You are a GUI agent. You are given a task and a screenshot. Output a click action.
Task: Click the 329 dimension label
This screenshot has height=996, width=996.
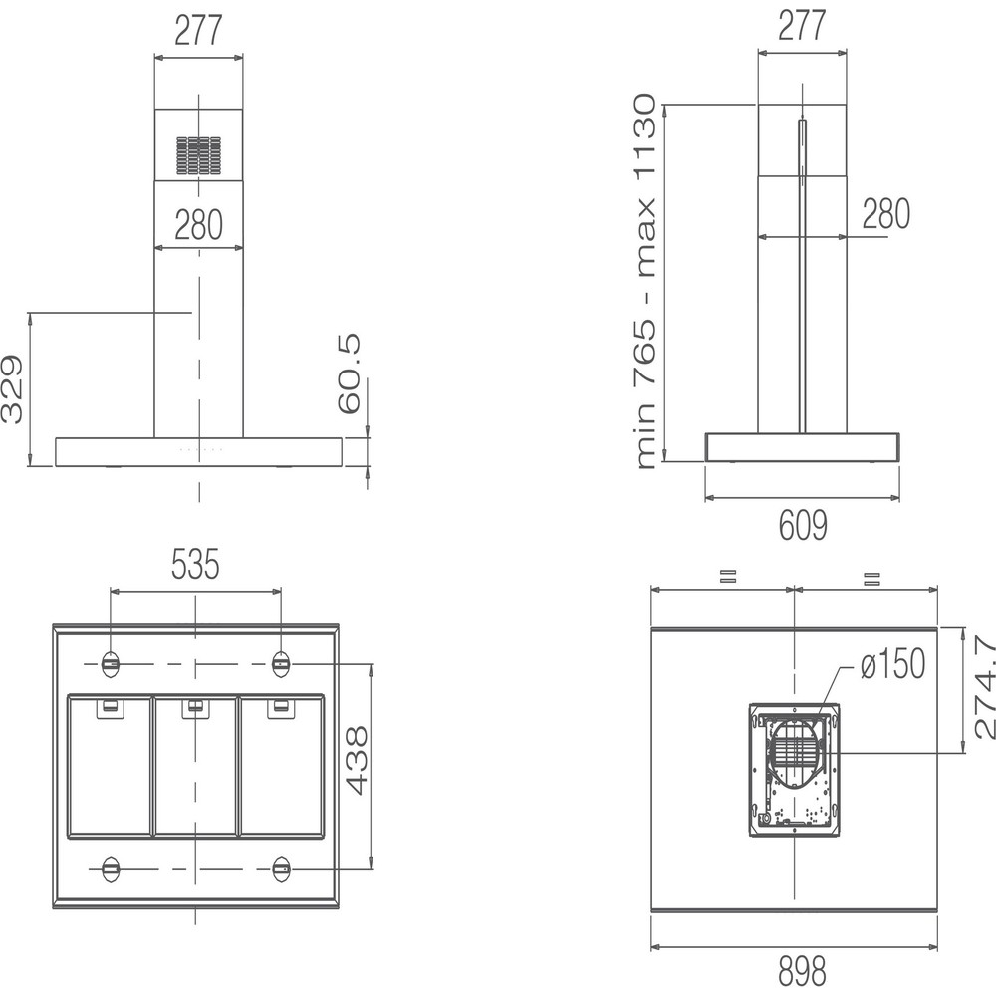pyautogui.click(x=12, y=389)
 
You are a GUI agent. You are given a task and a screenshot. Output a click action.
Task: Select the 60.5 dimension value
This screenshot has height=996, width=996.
pyautogui.click(x=349, y=374)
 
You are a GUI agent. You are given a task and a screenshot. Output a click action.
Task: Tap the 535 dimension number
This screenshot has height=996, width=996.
pyautogui.click(x=195, y=564)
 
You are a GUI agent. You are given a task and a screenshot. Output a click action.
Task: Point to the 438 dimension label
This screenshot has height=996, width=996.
pyautogui.click(x=357, y=760)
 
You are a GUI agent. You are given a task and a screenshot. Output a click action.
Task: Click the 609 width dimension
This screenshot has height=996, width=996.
pyautogui.click(x=803, y=525)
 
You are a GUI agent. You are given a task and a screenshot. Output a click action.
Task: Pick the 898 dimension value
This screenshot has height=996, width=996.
pyautogui.click(x=802, y=972)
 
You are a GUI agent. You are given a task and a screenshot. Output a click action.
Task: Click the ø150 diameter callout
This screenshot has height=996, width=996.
pyautogui.click(x=892, y=663)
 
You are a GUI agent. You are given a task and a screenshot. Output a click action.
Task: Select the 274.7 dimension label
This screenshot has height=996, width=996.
pyautogui.click(x=984, y=686)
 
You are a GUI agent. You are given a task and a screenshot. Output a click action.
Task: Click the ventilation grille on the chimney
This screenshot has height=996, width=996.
pyautogui.click(x=199, y=155)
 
